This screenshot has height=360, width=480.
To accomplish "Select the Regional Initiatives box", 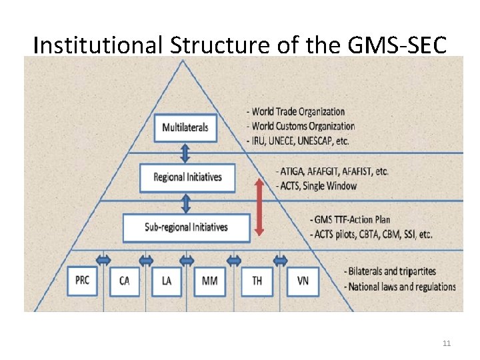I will coord(187,177).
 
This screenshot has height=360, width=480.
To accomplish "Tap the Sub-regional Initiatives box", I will coord(186,227).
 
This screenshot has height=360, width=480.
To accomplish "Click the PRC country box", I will coord(82,281).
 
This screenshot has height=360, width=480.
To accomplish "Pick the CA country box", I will coord(124,281).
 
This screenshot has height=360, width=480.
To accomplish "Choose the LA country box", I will coord(166,281).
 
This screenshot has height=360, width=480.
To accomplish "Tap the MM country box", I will coord(209,281).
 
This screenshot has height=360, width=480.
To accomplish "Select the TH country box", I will coord(257,281).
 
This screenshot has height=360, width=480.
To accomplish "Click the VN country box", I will coord(303,281).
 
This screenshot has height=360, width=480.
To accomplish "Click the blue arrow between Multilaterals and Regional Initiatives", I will coord(185,153).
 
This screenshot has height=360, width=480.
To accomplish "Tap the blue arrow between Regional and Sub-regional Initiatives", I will coord(186,203).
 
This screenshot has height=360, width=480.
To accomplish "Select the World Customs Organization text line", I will coord(300,126).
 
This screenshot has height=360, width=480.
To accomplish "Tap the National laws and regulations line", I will coord(399,287).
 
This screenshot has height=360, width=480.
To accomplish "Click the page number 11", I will coord(447,343).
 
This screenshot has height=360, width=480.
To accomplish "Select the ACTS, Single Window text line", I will coord(315,186).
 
